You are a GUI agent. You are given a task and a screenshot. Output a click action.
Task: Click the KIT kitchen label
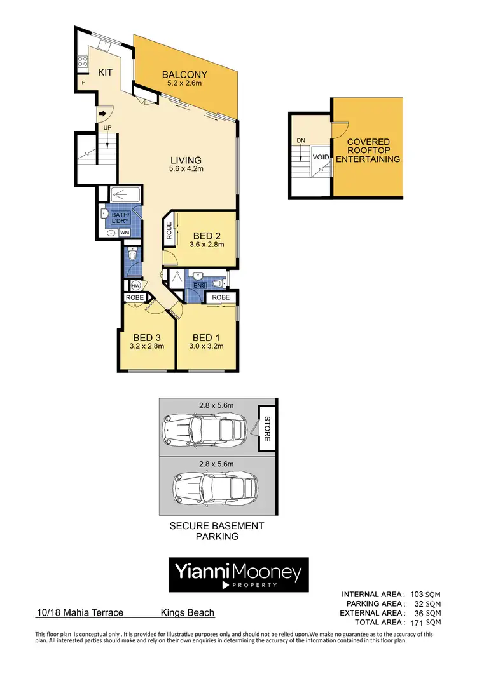(x=105, y=72)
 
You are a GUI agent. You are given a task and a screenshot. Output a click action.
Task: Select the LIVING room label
(x=185, y=160)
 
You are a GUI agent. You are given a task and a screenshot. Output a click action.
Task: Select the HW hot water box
(x=134, y=285)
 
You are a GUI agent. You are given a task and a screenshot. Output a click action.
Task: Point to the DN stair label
(x=301, y=141)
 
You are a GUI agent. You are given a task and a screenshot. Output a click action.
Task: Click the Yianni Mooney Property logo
(x=238, y=575)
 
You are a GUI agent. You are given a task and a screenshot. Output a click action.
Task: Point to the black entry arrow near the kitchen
(x=102, y=114)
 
